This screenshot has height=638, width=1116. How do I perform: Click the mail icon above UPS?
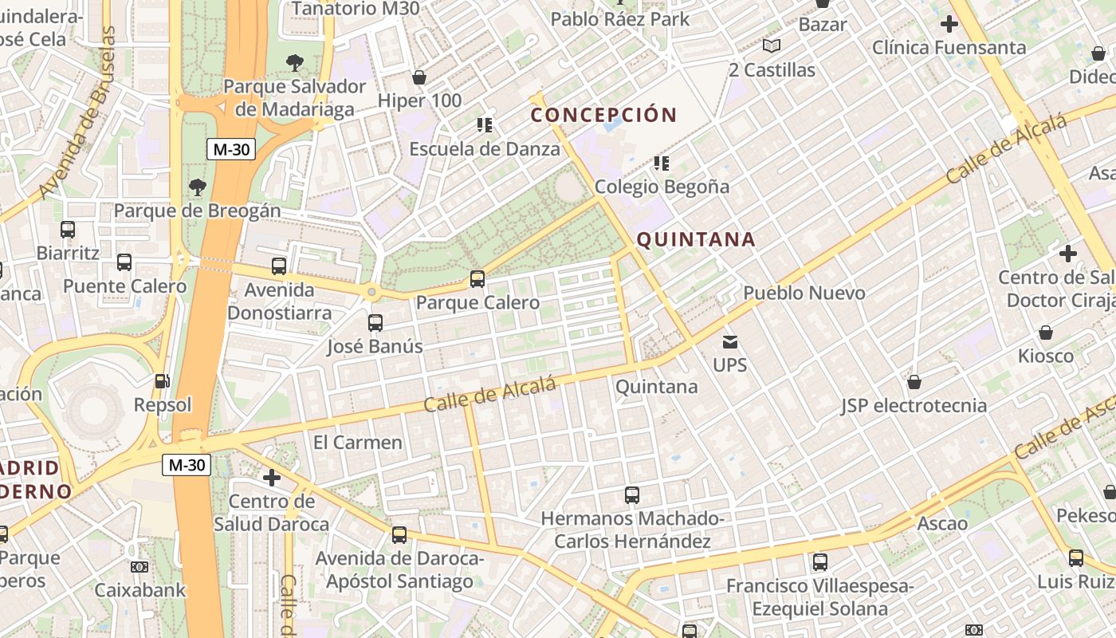point(730,342)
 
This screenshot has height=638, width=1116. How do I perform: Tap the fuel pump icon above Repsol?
point(162,382)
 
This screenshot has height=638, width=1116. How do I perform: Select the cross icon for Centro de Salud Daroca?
point(272,478)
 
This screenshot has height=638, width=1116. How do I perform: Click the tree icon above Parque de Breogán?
point(198,187)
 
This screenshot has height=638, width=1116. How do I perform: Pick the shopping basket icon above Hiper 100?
point(419,77)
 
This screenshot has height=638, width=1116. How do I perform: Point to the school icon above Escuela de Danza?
point(485,124)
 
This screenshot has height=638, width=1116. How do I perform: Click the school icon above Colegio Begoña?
point(662,163)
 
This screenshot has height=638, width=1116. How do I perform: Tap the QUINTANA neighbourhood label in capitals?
point(696,239)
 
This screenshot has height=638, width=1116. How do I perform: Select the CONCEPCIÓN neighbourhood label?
point(604,115)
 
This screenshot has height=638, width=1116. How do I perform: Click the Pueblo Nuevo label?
point(804,293)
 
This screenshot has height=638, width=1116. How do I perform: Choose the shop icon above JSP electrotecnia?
point(914,382)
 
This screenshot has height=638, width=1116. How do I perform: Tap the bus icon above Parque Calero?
point(477,279)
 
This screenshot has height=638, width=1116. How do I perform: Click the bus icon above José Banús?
point(375,323)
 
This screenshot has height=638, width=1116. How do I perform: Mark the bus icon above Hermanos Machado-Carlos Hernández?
point(632,495)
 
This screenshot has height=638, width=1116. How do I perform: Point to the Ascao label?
point(942,524)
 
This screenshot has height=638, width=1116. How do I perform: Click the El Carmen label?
point(358,442)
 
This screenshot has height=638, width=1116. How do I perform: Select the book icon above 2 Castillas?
point(772,46)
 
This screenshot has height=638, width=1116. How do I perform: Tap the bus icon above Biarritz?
point(68,230)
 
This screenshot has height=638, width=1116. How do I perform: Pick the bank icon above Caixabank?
point(139,567)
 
